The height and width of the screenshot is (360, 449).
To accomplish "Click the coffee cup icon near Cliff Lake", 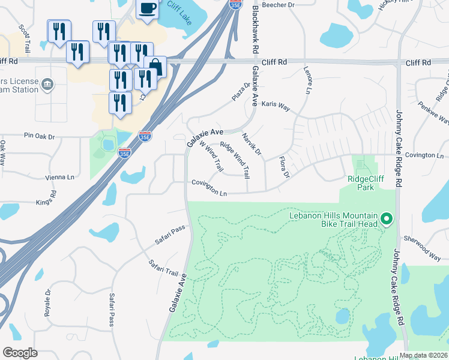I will (x=147, y=9).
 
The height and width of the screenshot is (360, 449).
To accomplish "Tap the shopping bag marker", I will (x=155, y=67).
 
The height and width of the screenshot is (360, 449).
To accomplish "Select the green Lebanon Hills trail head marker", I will (x=386, y=220).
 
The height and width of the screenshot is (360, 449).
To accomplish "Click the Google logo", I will (x=20, y=353).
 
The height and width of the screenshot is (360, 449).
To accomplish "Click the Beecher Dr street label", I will (x=283, y=5).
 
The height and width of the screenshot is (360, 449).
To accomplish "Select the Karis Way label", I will (x=276, y=106).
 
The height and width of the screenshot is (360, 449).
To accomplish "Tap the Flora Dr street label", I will (x=283, y=167).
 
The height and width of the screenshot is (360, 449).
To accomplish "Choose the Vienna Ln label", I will (x=60, y=177).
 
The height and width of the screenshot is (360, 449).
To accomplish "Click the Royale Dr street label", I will (x=47, y=299).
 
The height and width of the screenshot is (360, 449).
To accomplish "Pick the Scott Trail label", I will (x=25, y=37).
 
